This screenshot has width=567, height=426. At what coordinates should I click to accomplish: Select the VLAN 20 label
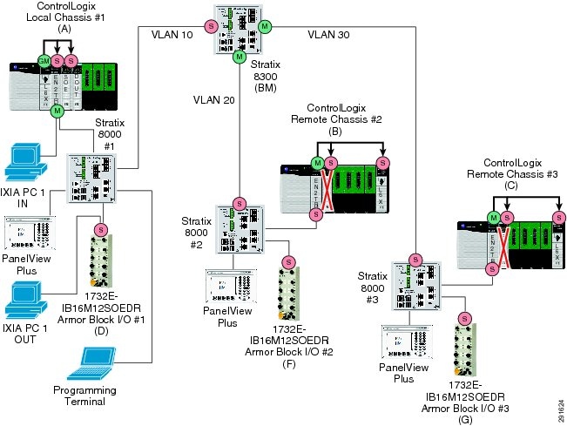[x=214, y=101]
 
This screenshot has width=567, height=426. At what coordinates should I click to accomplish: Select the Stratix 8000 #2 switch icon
[x=239, y=229]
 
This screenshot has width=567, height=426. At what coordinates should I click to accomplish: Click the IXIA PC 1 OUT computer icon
[x=25, y=296]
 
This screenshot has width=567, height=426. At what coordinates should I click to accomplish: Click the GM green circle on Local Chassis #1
[x=42, y=59]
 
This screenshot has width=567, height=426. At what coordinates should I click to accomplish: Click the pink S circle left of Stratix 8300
[x=210, y=27]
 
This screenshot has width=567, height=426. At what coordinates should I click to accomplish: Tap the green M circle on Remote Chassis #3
[x=494, y=217]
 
